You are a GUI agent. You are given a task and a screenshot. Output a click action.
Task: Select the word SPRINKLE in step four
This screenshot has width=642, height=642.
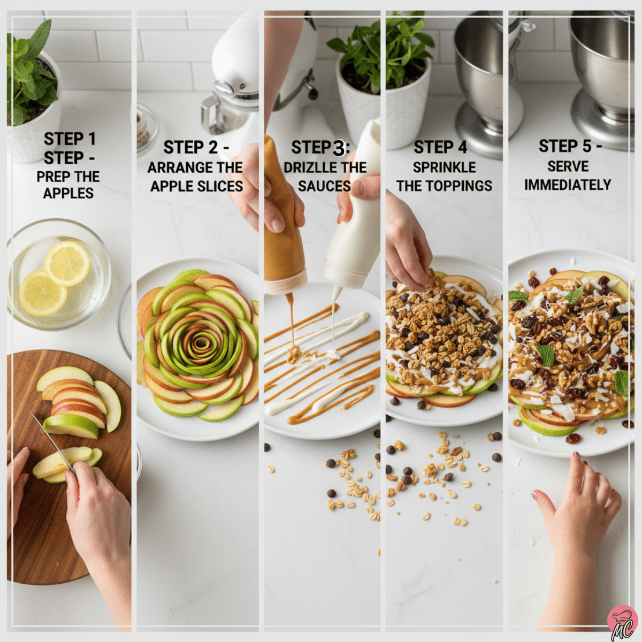[444, 167]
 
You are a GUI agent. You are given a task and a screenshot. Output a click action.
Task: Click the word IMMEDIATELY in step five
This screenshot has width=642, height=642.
[567, 185]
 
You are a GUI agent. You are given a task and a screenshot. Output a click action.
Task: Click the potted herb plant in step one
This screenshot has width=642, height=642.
[29, 75]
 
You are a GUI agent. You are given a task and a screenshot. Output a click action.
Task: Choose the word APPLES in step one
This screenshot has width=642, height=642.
[68, 193]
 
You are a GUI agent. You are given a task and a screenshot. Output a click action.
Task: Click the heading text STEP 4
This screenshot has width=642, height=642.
[440, 147]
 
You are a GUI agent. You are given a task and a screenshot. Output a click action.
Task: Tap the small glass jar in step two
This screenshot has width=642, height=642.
[144, 126]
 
